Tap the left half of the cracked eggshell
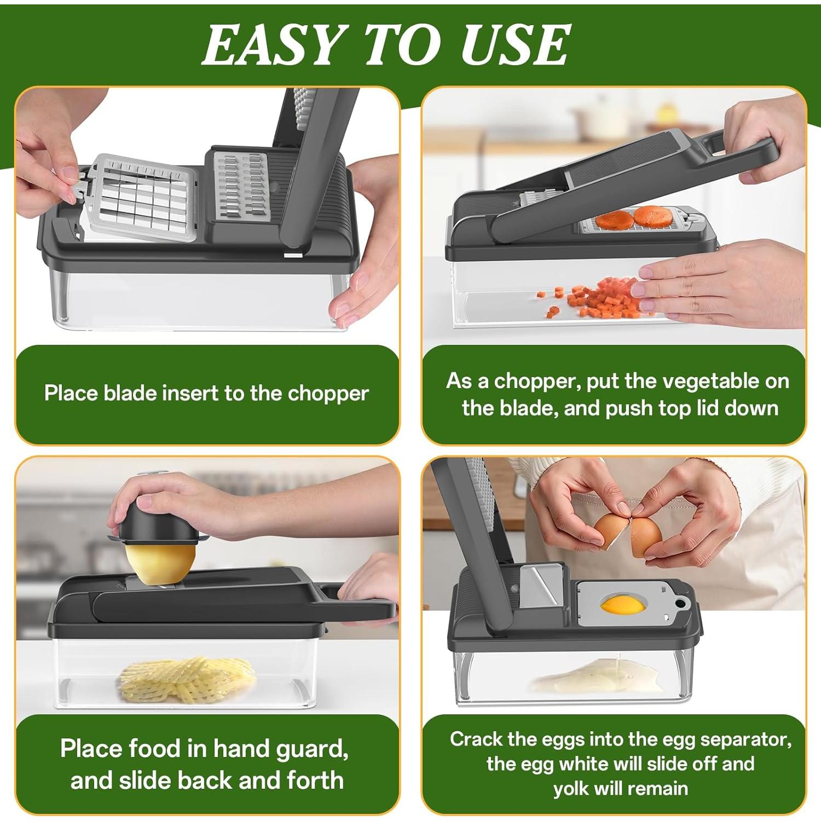click(611, 533)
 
